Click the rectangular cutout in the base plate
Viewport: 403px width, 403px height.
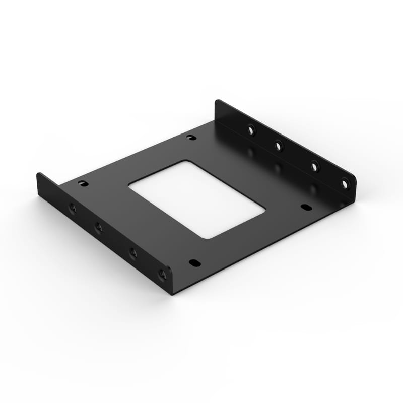[x=196, y=199]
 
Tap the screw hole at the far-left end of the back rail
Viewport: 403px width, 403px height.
[x=251, y=130]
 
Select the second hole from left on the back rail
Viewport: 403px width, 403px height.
[x=279, y=146]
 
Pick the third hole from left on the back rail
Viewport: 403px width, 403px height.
[x=314, y=166]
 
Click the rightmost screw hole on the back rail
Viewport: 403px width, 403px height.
[x=345, y=184]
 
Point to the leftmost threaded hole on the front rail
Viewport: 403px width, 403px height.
[x=73, y=208]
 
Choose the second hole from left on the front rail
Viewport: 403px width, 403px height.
[x=99, y=228]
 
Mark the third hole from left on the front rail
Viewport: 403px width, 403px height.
[x=133, y=253]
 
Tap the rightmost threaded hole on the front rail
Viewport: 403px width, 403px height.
[x=162, y=275]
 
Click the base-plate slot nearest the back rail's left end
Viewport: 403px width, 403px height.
[x=191, y=137]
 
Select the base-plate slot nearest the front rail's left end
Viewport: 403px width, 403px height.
[x=83, y=183]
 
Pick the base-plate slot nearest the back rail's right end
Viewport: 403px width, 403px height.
[x=306, y=207]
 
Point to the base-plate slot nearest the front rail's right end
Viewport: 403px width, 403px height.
[x=194, y=263]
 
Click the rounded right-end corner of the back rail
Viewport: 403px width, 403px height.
[x=354, y=179]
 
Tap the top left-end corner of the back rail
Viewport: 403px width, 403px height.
[x=217, y=101]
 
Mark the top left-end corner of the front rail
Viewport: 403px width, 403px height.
[x=38, y=174]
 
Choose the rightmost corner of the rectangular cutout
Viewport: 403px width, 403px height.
[x=264, y=209]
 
